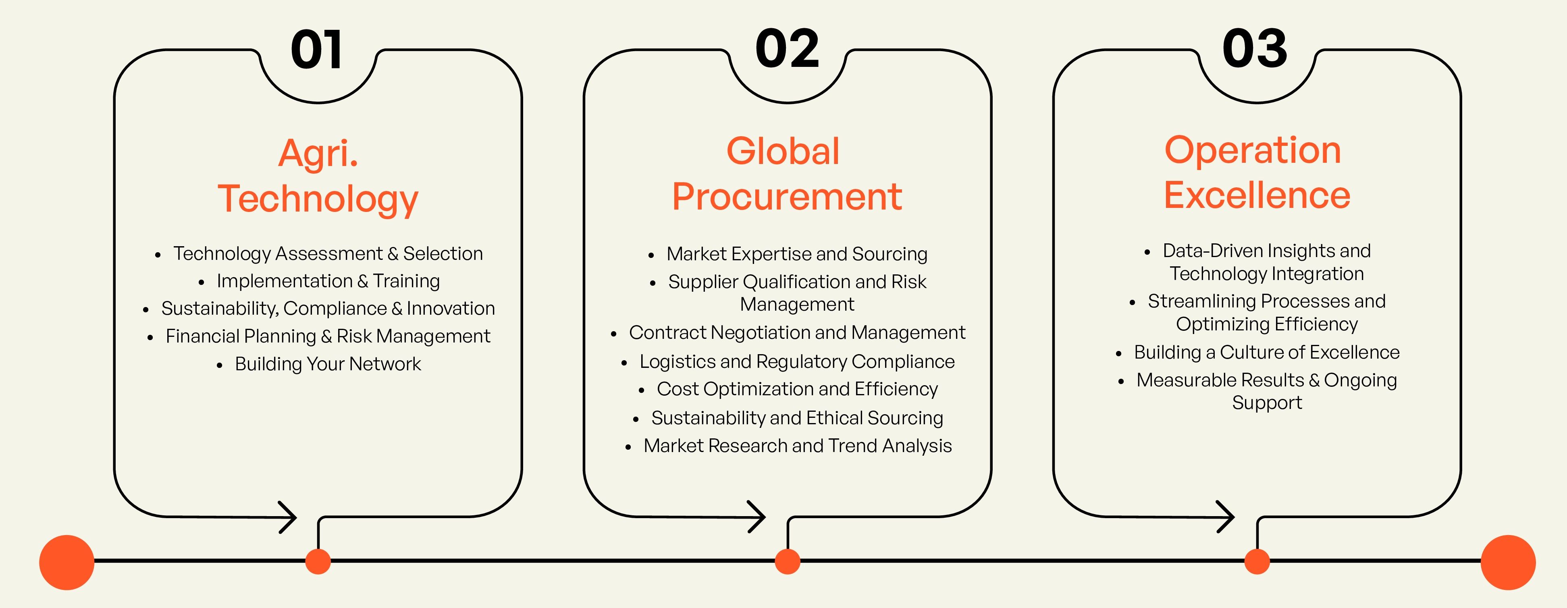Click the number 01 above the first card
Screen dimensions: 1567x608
316,50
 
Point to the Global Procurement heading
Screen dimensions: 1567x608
787,174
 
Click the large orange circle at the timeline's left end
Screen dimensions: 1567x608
67,562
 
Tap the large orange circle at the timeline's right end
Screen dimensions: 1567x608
1508,562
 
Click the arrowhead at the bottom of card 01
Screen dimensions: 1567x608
288,517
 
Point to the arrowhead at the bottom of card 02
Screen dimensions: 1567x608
757,517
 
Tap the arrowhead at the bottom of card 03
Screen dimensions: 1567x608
1226,517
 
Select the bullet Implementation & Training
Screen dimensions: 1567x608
328,281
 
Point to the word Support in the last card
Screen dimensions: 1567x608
1267,403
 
